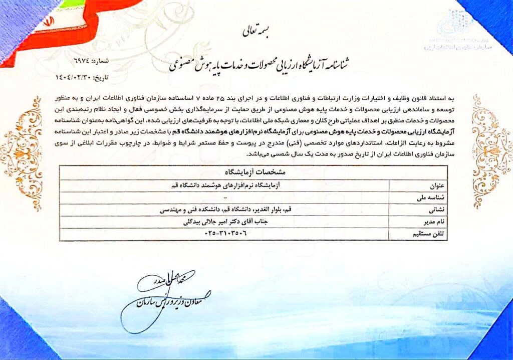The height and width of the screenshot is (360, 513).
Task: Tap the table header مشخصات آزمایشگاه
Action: pyautogui.click(x=253, y=171)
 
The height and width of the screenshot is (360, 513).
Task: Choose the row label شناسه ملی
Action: pyautogui.click(x=432, y=197)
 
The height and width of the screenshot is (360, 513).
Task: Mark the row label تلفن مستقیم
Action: pyautogui.click(x=430, y=234)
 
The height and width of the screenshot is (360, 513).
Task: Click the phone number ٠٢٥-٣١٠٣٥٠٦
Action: pyautogui.click(x=226, y=234)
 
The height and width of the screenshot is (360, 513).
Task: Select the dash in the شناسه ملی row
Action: pyautogui.click(x=226, y=197)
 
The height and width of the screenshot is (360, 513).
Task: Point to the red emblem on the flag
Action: pyautogui.click(x=49, y=23)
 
